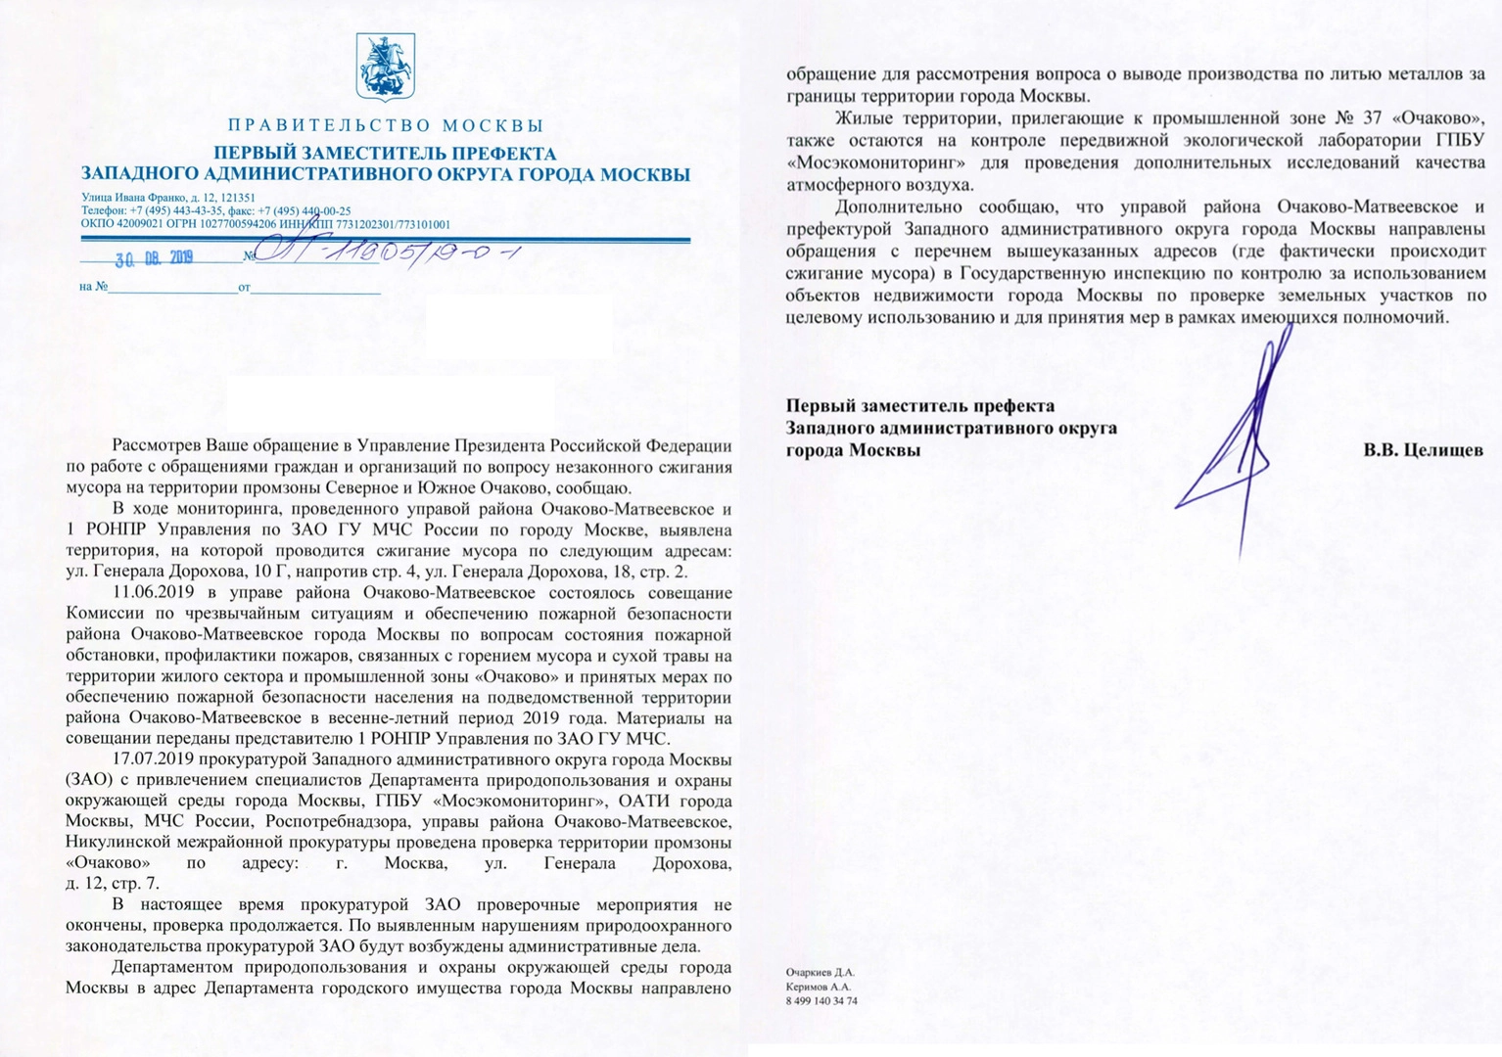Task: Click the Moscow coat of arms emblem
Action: pyautogui.click(x=385, y=68)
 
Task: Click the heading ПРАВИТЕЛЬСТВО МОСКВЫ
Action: pyautogui.click(x=385, y=125)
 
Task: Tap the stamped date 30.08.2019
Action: pyautogui.click(x=154, y=259)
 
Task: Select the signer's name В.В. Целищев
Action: pyautogui.click(x=1423, y=450)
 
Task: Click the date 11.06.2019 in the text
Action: pyautogui.click(x=153, y=592)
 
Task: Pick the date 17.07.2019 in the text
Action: pyautogui.click(x=153, y=759)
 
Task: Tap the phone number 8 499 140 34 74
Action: pyautogui.click(x=821, y=1001)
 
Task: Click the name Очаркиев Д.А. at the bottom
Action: pyautogui.click(x=820, y=973)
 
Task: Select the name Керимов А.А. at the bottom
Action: pyautogui.click(x=818, y=987)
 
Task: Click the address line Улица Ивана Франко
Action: pyautogui.click(x=167, y=198)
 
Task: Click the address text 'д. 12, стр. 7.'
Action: pyautogui.click(x=112, y=884)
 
